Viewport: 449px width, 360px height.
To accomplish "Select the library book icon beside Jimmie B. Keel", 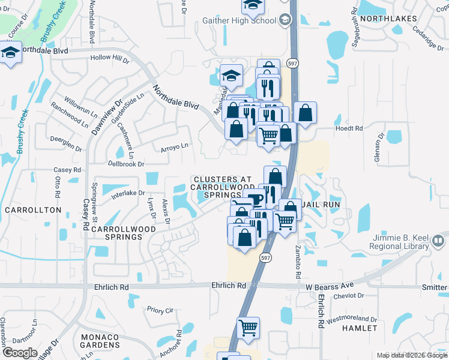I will pyautogui.click(x=438, y=241).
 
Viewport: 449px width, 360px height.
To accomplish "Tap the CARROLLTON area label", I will pyautogui.click(x=33, y=210).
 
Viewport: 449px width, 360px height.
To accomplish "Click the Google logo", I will pyautogui.click(x=20, y=352).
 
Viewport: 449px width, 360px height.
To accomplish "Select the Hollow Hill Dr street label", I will pyautogui.click(x=109, y=59).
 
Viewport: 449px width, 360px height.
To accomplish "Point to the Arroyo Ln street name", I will pyautogui.click(x=174, y=145).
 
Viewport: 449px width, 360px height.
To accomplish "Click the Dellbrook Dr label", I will pyautogui.click(x=126, y=164).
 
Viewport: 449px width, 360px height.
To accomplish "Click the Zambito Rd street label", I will pyautogui.click(x=297, y=261).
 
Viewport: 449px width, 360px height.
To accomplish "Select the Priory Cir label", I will pyautogui.click(x=160, y=310).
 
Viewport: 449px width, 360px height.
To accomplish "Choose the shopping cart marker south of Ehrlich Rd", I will pyautogui.click(x=248, y=328).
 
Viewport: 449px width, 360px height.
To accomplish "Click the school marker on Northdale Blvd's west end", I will pyautogui.click(x=10, y=53).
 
